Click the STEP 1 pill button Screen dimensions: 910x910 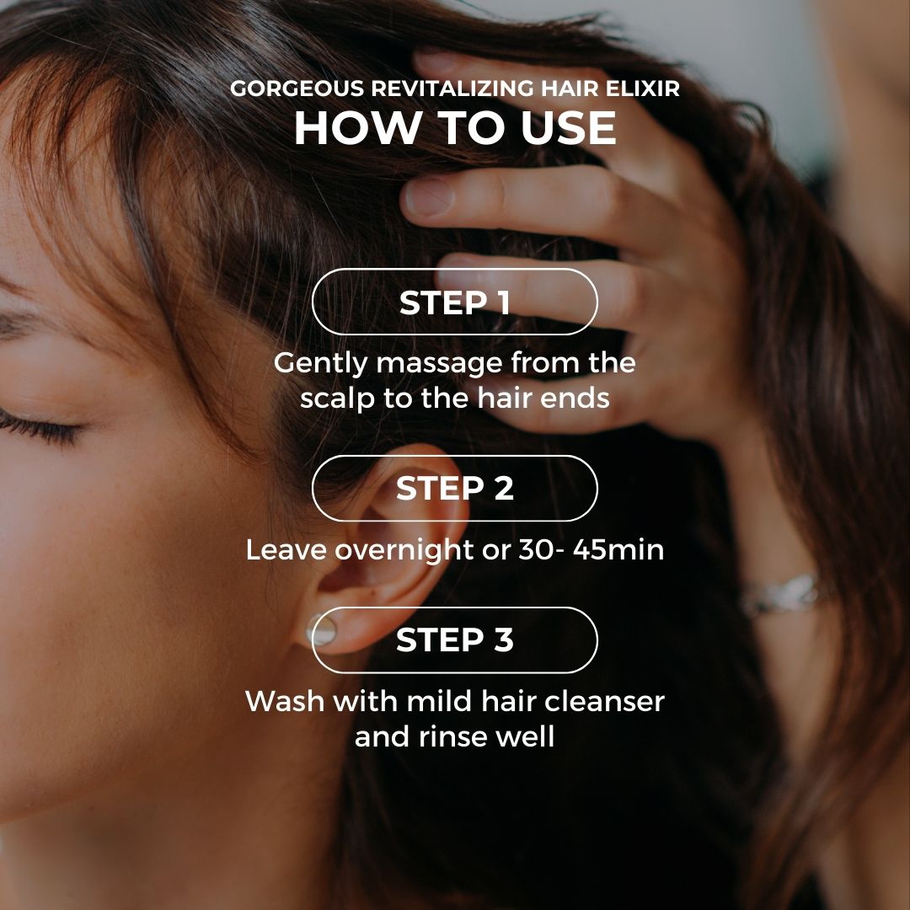(x=454, y=302)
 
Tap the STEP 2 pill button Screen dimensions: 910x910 (x=454, y=488)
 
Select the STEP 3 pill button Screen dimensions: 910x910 (x=454, y=640)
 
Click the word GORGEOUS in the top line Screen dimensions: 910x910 (x=297, y=88)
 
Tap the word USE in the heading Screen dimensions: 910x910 (x=568, y=128)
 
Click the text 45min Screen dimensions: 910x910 (x=618, y=549)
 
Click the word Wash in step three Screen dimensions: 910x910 (x=285, y=701)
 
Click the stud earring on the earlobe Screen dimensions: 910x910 (x=321, y=629)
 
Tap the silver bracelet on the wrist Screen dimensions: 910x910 (x=780, y=594)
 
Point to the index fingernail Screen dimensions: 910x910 (x=429, y=196)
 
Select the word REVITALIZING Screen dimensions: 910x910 (x=452, y=88)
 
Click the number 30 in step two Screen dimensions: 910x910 (x=536, y=549)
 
